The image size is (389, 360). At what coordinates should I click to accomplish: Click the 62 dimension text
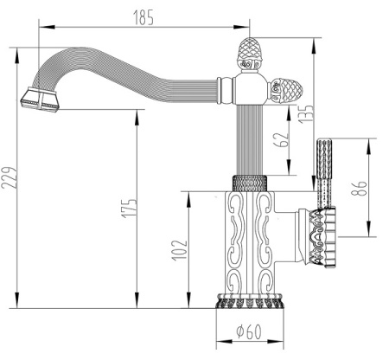(280, 141)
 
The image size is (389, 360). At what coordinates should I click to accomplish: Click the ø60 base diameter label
(249, 331)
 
